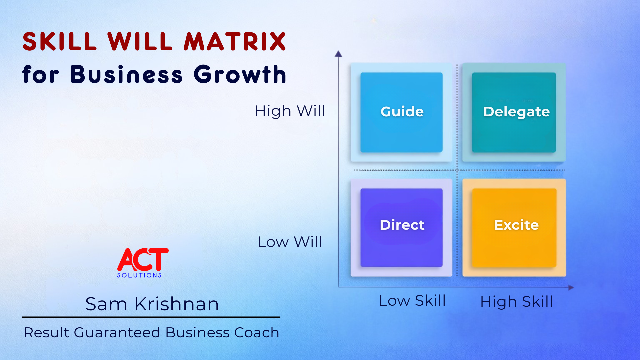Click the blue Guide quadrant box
click(401, 112)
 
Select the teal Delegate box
click(514, 112)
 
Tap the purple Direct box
click(401, 227)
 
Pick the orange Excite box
click(514, 227)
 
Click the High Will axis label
click(290, 111)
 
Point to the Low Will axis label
click(290, 242)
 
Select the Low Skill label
click(412, 301)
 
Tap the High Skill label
click(516, 301)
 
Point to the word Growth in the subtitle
click(240, 74)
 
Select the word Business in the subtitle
click(126, 74)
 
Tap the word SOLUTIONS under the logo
click(139, 275)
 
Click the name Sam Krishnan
click(152, 304)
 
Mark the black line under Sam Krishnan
click(151, 317)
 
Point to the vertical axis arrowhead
click(338, 54)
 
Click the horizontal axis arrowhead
click(571, 287)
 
